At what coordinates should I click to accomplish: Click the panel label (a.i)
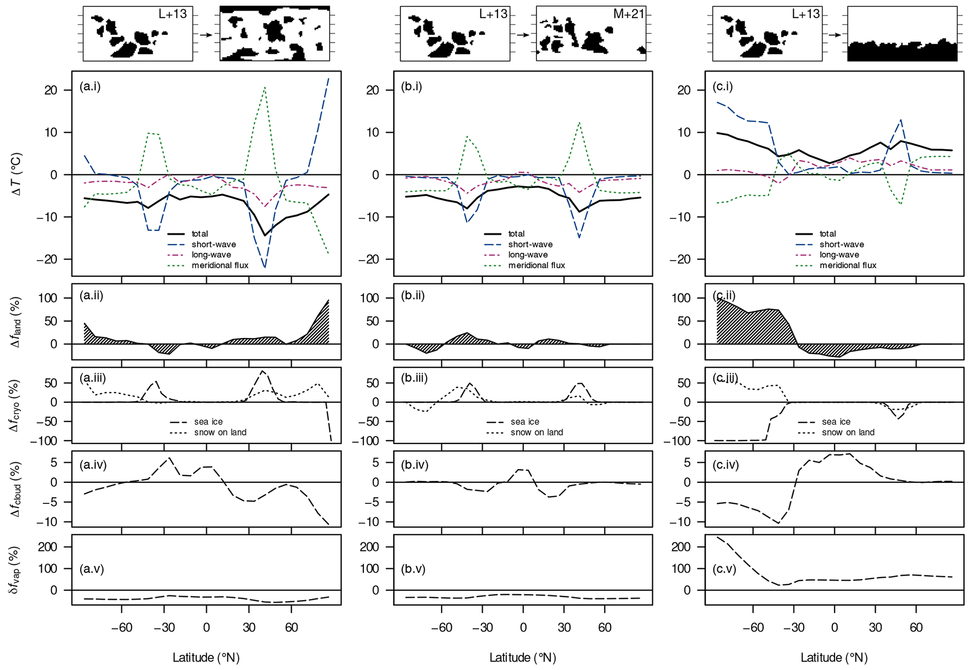tap(90, 87)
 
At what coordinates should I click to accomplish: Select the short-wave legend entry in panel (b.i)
tap(530, 244)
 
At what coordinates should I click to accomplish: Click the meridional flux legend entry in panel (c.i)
tap(848, 265)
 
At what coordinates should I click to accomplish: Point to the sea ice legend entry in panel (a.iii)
tap(208, 422)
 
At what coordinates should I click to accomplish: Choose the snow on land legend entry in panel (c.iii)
tap(848, 432)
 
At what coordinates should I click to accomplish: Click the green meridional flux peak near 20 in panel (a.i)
tap(265, 87)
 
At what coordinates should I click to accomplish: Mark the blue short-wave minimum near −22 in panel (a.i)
tap(265, 267)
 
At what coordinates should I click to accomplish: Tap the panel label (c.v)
tap(724, 569)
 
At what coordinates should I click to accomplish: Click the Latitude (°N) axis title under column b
tap(523, 657)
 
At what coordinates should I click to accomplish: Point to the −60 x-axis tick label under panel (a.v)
tap(121, 628)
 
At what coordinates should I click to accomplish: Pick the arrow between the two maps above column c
tap(835, 35)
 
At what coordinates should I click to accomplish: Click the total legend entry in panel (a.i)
tap(200, 234)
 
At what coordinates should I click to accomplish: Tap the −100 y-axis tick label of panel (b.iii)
tap(372, 441)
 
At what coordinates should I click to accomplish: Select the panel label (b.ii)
tap(413, 296)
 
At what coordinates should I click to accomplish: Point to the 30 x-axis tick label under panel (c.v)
tap(875, 628)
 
